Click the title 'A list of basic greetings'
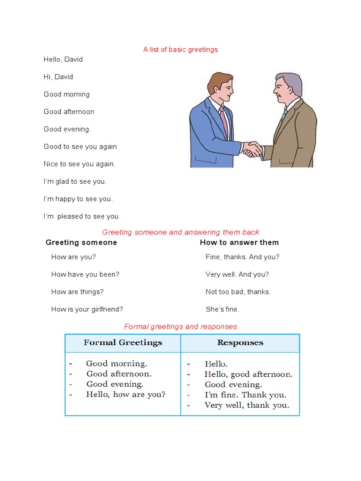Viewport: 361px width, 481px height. pyautogui.click(x=180, y=49)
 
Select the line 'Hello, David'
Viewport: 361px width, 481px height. pyautogui.click(x=63, y=60)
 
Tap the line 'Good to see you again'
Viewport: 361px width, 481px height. pyautogui.click(x=80, y=147)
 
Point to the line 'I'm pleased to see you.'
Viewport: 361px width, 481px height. pyautogui.click(x=82, y=217)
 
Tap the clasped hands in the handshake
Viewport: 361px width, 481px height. pyautogui.click(x=253, y=149)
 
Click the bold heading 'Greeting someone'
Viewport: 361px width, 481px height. pyautogui.click(x=81, y=242)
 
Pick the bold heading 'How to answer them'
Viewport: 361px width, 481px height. pyautogui.click(x=239, y=242)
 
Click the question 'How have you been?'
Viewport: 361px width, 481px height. pyautogui.click(x=85, y=274)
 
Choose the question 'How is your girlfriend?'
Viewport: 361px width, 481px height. pyautogui.click(x=87, y=309)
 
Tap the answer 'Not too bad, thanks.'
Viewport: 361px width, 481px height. pyautogui.click(x=238, y=292)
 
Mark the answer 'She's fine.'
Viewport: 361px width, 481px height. pyautogui.click(x=222, y=309)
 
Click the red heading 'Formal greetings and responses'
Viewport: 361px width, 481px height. pyautogui.click(x=180, y=326)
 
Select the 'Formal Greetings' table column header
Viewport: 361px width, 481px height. pyautogui.click(x=123, y=342)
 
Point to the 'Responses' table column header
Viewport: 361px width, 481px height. pyautogui.click(x=240, y=342)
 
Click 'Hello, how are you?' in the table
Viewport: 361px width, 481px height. pyautogui.click(x=126, y=395)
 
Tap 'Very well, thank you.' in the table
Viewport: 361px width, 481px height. pyautogui.click(x=247, y=405)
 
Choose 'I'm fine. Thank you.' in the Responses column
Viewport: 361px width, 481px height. pyautogui.click(x=245, y=395)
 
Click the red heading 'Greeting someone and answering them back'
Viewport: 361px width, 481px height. pyautogui.click(x=180, y=232)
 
